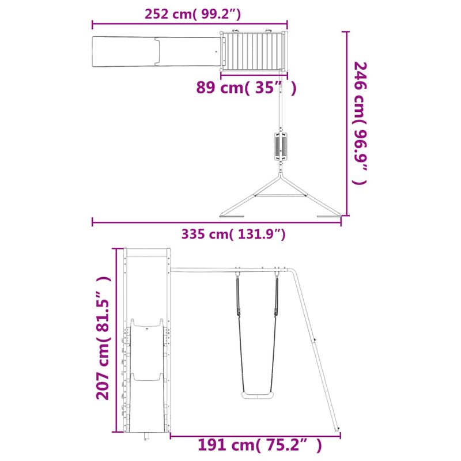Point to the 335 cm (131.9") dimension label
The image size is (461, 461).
coord(233,234)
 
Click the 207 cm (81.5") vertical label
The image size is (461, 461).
coord(103,337)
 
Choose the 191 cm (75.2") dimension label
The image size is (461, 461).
coord(259,445)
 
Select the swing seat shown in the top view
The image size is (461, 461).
coord(281,147)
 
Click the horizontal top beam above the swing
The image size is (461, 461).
coord(231,270)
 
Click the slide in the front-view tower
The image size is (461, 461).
coord(146,375)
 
